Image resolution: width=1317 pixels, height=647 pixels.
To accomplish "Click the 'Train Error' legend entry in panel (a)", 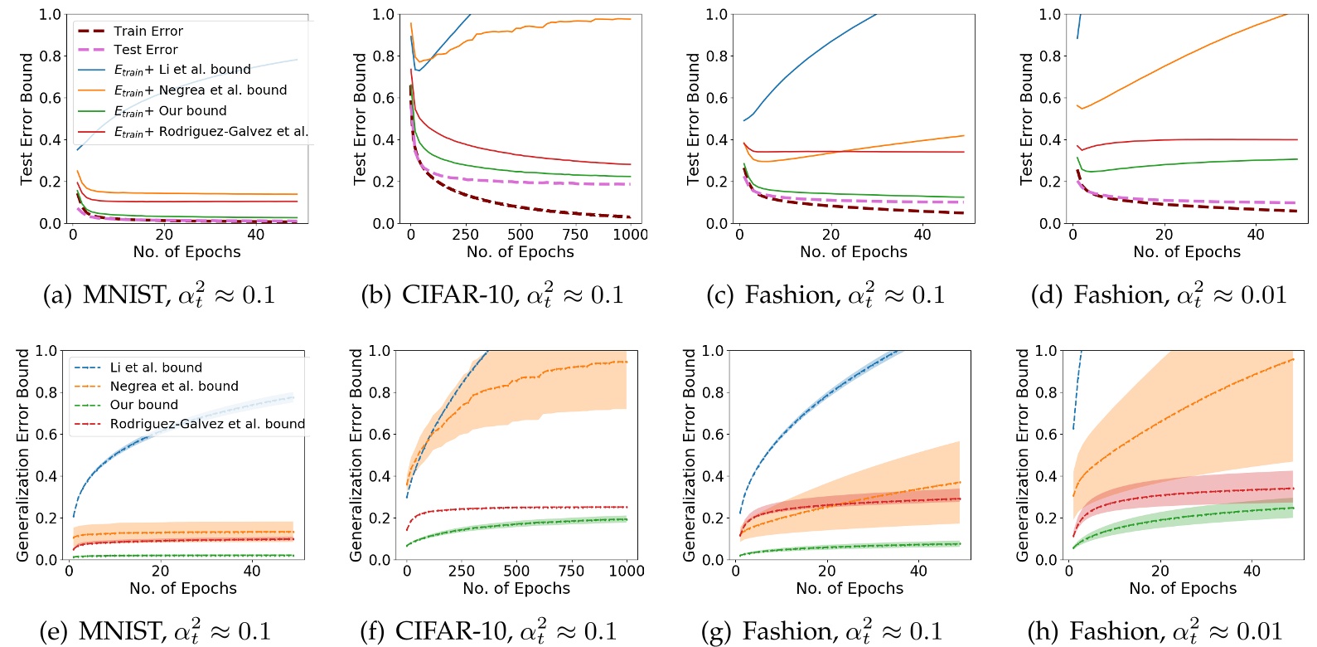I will [148, 31].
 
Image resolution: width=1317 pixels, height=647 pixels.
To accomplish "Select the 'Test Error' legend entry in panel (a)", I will [145, 50].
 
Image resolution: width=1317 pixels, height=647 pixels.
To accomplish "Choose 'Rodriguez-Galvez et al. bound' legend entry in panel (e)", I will [207, 424].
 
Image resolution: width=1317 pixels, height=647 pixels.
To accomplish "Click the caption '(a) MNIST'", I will [158, 295].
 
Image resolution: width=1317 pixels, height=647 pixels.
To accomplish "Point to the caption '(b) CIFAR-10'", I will [491, 295].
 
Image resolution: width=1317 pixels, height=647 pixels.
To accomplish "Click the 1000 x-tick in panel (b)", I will [630, 235].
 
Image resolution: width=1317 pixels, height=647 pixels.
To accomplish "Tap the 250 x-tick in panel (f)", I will [462, 571].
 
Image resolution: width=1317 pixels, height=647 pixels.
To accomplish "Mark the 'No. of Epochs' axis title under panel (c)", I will [853, 252].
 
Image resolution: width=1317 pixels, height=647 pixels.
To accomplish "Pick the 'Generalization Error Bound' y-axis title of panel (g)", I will [689, 455].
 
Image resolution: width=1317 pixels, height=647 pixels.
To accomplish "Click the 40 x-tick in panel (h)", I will [1252, 571].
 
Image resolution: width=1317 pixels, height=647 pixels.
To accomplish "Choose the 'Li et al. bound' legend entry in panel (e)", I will [156, 367].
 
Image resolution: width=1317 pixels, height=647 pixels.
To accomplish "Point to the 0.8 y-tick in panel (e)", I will [46, 392].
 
